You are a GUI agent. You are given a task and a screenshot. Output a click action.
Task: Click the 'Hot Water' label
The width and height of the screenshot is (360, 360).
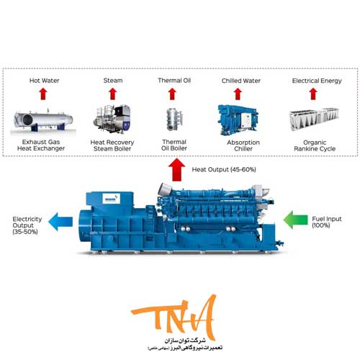pyautogui.click(x=44, y=81)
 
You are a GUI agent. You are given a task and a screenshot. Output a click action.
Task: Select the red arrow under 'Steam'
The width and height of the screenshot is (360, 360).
pyautogui.click(x=112, y=94)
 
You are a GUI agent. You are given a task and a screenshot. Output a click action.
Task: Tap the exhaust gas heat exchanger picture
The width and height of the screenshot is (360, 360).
pyautogui.click(x=43, y=121)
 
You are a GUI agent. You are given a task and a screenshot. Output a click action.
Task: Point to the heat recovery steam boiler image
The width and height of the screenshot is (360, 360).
pyautogui.click(x=112, y=119)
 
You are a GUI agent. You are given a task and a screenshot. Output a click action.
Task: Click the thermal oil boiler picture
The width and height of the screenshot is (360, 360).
pyautogui.click(x=174, y=120)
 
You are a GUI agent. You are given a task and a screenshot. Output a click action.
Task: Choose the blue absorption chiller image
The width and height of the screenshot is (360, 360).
pyautogui.click(x=238, y=120)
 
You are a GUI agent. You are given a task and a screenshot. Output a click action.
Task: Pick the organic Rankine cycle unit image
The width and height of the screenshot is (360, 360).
pyautogui.click(x=314, y=119)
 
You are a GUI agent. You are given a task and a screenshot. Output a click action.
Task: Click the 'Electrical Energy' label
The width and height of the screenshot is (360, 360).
pyautogui.click(x=317, y=81)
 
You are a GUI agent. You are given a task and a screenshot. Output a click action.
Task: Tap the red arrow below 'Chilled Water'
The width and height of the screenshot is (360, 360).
pyautogui.click(x=238, y=94)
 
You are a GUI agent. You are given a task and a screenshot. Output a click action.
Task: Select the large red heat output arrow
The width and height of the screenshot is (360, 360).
pyautogui.click(x=176, y=169)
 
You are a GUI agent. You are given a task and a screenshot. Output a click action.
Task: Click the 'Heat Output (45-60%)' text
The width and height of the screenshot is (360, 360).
pyautogui.click(x=224, y=170)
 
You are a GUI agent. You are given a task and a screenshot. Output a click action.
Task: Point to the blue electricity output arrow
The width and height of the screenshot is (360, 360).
pyautogui.click(x=60, y=222)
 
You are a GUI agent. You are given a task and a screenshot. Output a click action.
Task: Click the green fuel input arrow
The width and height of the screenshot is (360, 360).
pyautogui.click(x=295, y=220)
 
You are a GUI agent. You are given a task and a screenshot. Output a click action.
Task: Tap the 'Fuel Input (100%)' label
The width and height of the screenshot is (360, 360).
pyautogui.click(x=327, y=222)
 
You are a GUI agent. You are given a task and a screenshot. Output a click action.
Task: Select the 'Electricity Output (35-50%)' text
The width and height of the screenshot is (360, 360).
pyautogui.click(x=27, y=225)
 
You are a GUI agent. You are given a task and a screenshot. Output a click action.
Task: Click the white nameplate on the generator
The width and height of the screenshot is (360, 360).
pyautogui.click(x=111, y=199)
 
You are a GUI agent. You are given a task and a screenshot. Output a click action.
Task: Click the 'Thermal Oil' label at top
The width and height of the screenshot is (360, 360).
pyautogui.click(x=174, y=81)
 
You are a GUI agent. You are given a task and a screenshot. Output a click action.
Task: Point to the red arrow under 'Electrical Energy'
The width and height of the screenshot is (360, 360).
pyautogui.click(x=313, y=94)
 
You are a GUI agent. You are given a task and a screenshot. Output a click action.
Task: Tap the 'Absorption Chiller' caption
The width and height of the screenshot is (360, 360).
pyautogui.click(x=243, y=145)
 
